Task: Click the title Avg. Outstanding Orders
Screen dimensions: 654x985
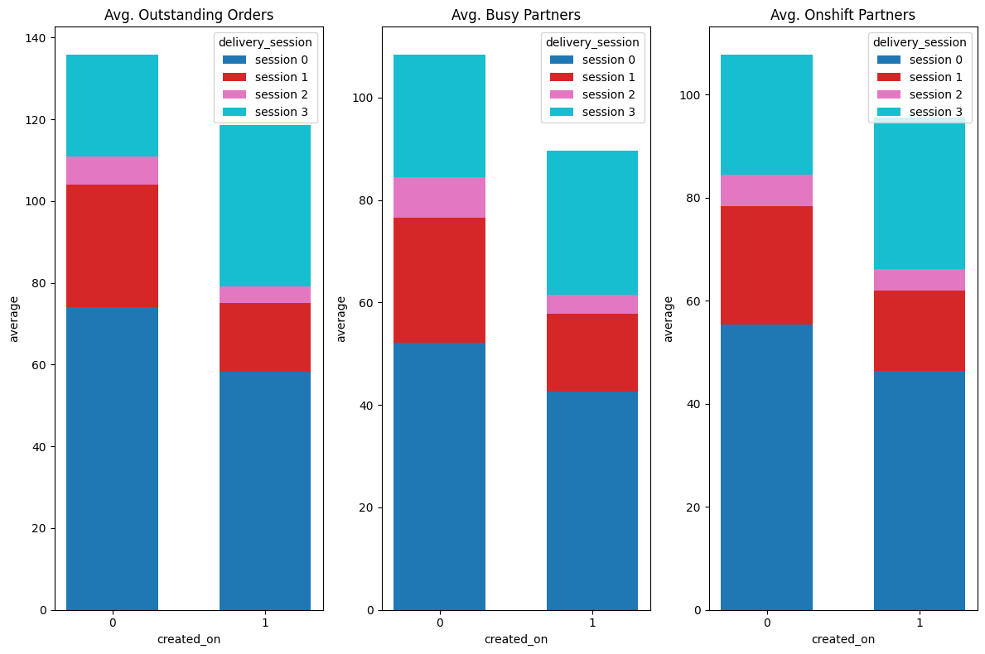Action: (x=189, y=15)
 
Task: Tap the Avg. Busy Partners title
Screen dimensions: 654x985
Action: (x=516, y=15)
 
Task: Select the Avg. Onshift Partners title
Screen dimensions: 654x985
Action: (x=843, y=15)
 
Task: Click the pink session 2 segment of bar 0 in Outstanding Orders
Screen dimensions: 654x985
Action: (x=112, y=171)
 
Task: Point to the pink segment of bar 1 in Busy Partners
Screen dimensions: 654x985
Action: (x=592, y=304)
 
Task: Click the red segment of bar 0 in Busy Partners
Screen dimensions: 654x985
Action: (x=439, y=280)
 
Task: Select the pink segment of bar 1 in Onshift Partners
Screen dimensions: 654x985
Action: (x=920, y=280)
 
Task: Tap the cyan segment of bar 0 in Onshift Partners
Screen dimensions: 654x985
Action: (x=766, y=115)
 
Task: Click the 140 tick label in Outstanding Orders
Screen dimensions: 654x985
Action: (x=40, y=38)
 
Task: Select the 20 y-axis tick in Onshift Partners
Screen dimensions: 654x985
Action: (x=694, y=507)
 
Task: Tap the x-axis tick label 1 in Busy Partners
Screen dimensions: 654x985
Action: (x=592, y=623)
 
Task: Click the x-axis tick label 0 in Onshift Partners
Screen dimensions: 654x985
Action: (x=766, y=623)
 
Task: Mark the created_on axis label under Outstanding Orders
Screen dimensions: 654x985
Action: (x=189, y=639)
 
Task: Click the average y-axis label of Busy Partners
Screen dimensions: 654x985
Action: (x=341, y=319)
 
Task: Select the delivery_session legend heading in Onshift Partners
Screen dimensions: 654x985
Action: (x=920, y=42)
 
